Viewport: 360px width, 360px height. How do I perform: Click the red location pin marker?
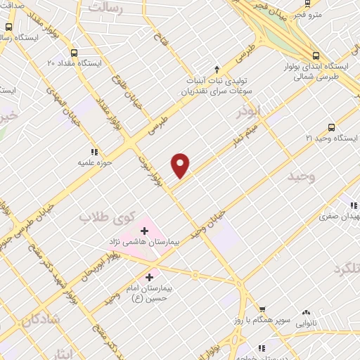181,165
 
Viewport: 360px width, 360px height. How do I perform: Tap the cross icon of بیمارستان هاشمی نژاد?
144,230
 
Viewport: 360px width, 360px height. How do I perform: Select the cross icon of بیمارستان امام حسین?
149,278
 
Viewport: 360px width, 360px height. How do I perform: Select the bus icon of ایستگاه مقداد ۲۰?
75,52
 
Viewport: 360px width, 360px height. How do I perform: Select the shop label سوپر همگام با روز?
262,321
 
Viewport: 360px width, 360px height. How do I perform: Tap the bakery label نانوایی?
305,323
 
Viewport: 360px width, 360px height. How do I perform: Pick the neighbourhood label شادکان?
40,320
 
